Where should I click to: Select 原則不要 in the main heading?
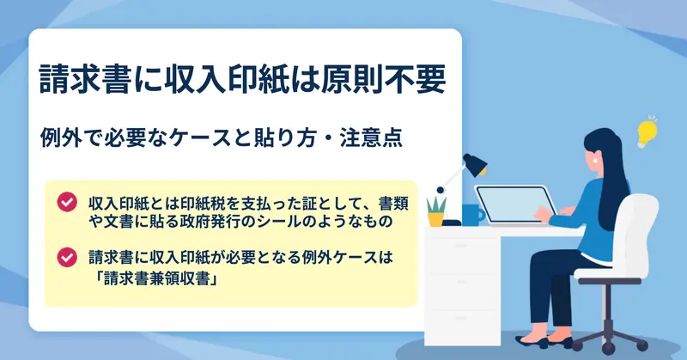pyautogui.click(x=383, y=79)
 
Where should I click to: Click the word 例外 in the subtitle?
pyautogui.click(x=60, y=137)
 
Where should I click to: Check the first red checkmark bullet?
pyautogui.click(x=67, y=202)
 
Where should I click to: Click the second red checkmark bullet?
pyautogui.click(x=67, y=258)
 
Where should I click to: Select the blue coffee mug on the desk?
pyautogui.click(x=473, y=215)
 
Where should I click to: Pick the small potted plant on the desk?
pyautogui.click(x=436, y=211)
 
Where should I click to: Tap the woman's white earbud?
pyautogui.click(x=595, y=160)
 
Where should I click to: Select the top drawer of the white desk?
pyautogui.click(x=461, y=254)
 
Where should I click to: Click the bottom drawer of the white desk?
pyautogui.click(x=461, y=326)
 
